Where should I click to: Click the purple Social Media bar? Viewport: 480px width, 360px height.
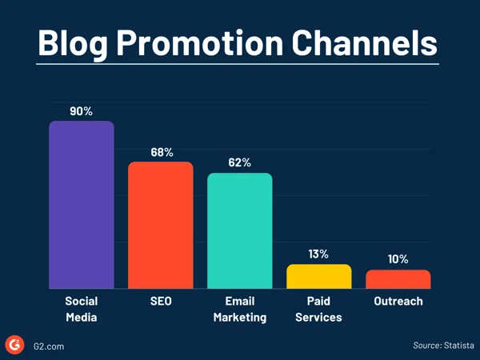point(82,205)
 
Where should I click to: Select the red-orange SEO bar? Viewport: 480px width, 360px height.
point(161,225)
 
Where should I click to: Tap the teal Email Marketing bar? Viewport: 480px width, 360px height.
point(240,230)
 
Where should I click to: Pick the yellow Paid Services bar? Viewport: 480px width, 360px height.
point(319,276)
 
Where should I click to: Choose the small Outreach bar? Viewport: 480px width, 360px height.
point(398,279)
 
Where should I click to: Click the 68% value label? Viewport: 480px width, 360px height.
point(161,151)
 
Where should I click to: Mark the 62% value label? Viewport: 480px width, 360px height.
point(239,162)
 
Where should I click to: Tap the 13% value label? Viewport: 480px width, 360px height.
point(318,254)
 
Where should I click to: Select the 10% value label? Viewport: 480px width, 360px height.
point(398,259)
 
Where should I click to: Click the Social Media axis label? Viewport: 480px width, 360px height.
point(82,309)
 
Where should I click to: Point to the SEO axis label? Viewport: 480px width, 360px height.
point(161,302)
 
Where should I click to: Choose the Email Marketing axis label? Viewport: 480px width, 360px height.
point(240,309)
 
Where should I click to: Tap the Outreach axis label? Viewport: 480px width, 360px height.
point(398,302)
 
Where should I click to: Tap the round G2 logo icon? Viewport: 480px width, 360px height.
point(14,345)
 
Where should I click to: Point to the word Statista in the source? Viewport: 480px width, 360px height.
point(456,345)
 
